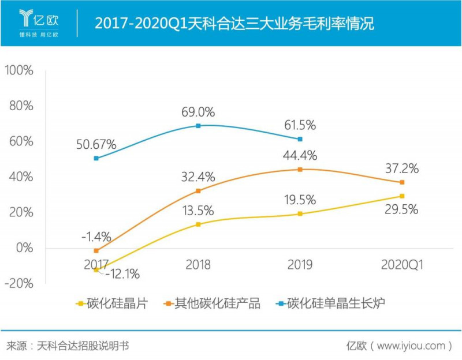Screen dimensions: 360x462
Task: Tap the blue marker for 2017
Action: point(96,158)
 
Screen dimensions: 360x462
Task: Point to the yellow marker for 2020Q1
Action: point(402,196)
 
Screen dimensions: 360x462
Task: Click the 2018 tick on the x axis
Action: point(198,265)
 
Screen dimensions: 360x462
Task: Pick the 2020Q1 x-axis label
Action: point(402,265)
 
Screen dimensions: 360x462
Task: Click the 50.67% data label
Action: point(96,144)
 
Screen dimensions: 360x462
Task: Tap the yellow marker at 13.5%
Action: point(198,224)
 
